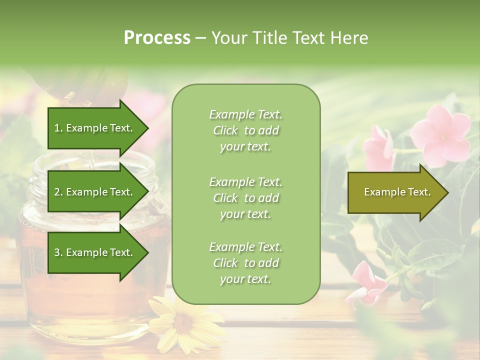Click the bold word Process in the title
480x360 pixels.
pyautogui.click(x=157, y=38)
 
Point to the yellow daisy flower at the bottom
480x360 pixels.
pyautogui.click(x=182, y=325)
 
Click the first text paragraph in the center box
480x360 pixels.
pyautogui.click(x=245, y=130)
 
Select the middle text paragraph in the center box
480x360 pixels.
pyautogui.click(x=245, y=198)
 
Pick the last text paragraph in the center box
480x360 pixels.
pyautogui.click(x=245, y=263)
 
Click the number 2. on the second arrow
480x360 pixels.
pyautogui.click(x=58, y=192)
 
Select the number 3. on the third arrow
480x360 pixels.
pyautogui.click(x=58, y=252)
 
